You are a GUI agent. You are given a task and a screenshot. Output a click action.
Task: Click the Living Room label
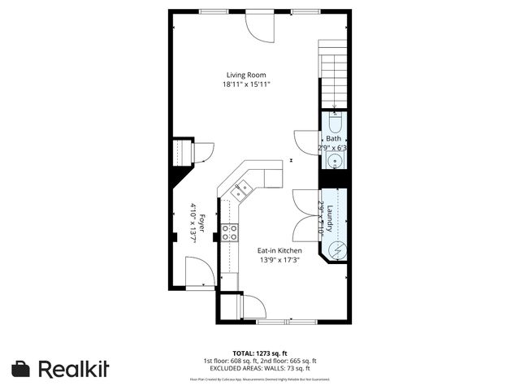click(x=245, y=75)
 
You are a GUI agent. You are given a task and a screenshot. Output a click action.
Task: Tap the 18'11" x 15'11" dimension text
click(x=245, y=84)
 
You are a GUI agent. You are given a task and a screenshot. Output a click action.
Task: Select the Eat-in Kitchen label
click(x=279, y=251)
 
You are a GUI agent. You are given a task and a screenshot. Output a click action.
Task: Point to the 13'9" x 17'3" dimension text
click(x=279, y=261)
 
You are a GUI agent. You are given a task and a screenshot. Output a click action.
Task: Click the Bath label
click(x=334, y=139)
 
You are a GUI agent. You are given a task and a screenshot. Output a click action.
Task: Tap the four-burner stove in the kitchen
click(x=229, y=232)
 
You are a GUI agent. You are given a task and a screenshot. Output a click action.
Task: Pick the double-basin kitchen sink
click(x=240, y=192)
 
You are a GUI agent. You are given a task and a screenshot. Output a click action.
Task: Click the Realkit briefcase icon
click(x=22, y=368)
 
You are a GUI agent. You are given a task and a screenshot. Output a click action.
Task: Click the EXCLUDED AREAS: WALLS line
click(x=259, y=368)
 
